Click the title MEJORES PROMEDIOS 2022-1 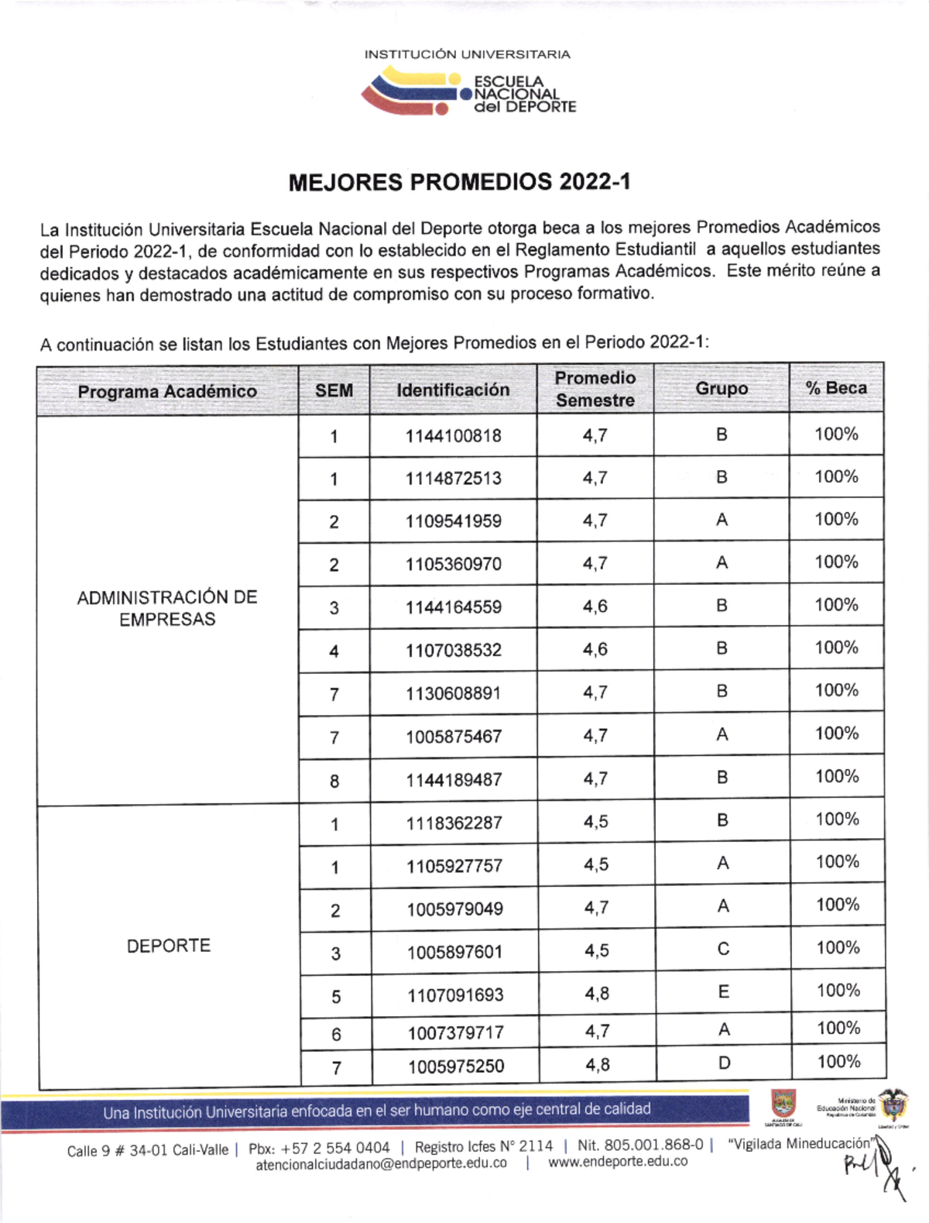click(459, 182)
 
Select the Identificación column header click(453, 390)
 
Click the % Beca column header click(836, 388)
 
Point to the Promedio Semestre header click(595, 389)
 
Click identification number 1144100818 click(453, 436)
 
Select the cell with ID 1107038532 click(454, 651)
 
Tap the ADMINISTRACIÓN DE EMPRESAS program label click(167, 608)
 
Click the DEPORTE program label click(169, 946)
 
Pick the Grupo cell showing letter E click(723, 991)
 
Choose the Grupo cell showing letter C click(723, 949)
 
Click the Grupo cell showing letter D click(724, 1063)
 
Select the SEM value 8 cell click(334, 781)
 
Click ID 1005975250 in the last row click(456, 1067)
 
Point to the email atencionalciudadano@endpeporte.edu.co click(381, 1163)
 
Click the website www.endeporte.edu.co click(618, 1162)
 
